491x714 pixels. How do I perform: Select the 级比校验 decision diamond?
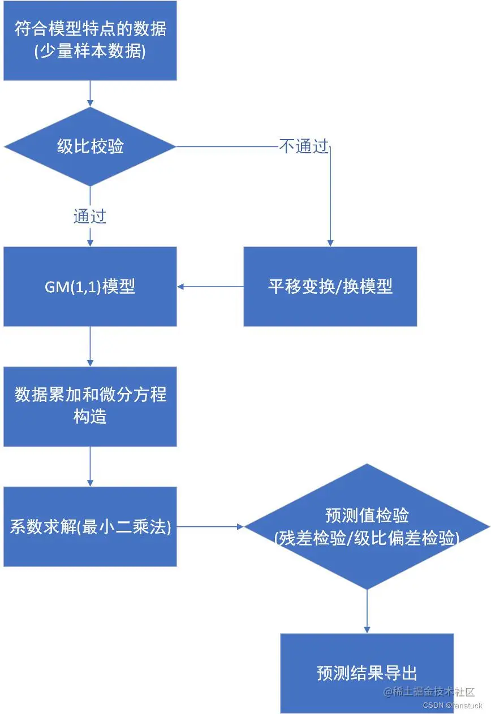tap(90, 147)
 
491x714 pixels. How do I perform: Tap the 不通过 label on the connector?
tap(304, 147)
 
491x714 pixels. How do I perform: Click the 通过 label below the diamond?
tap(90, 216)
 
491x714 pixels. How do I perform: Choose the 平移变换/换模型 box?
tap(330, 287)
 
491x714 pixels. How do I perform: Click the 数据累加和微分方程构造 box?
tap(90, 406)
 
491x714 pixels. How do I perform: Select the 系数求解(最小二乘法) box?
tap(90, 527)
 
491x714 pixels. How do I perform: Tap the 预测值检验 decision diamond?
tap(367, 527)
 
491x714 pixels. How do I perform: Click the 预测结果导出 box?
tap(367, 673)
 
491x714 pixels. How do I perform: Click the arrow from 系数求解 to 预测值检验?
tap(209, 527)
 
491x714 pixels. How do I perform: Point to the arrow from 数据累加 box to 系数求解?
tap(90, 466)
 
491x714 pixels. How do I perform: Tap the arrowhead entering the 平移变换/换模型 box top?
tap(330, 242)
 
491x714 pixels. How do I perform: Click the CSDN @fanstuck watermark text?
tap(452, 706)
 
